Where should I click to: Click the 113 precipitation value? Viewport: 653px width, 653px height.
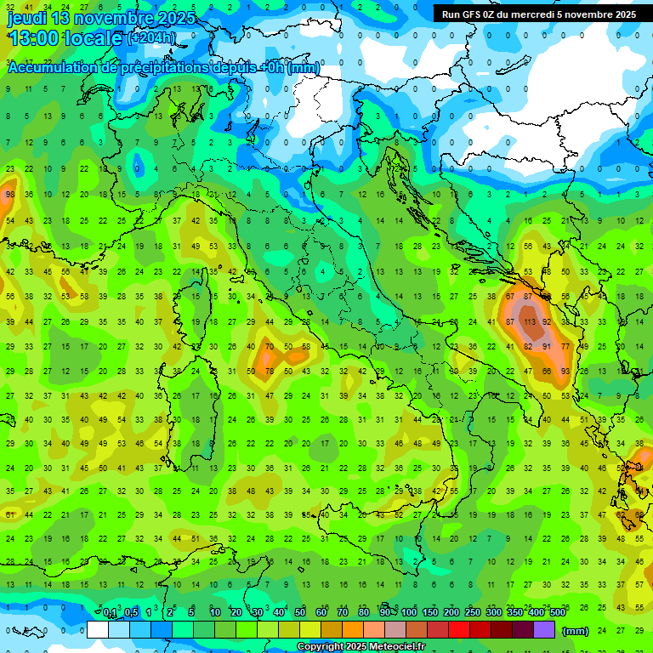click(x=529, y=322)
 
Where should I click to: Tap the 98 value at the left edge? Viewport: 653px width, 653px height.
click(x=9, y=195)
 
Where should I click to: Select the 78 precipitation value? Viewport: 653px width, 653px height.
click(x=270, y=372)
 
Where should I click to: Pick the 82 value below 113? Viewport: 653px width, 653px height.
click(x=529, y=347)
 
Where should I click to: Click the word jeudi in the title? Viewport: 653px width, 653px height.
click(x=27, y=17)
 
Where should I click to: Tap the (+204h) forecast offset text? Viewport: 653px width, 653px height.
click(x=152, y=38)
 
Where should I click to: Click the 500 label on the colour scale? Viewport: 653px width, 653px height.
click(x=557, y=612)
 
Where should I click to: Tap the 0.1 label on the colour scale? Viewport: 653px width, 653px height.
click(x=110, y=612)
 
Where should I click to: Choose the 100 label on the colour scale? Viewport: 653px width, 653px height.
click(x=409, y=612)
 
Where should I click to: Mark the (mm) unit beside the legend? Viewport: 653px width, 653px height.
click(x=576, y=631)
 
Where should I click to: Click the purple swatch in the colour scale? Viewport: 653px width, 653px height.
click(x=544, y=630)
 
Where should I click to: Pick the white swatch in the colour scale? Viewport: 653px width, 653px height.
click(x=98, y=630)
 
